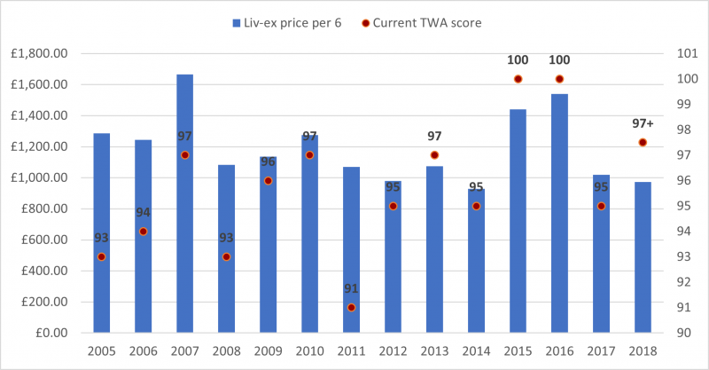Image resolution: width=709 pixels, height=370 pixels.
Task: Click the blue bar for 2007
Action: pyautogui.click(x=184, y=204)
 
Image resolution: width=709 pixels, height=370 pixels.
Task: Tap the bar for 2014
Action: pyautogui.click(x=476, y=266)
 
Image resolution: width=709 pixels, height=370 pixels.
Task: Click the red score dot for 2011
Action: pyautogui.click(x=351, y=308)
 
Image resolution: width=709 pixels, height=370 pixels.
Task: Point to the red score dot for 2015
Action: pyautogui.click(x=518, y=79)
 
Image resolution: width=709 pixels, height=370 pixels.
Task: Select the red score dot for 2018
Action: pyautogui.click(x=643, y=142)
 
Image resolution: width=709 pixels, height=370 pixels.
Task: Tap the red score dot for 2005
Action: pyautogui.click(x=101, y=256)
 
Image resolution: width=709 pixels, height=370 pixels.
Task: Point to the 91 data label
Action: pyautogui.click(x=351, y=288)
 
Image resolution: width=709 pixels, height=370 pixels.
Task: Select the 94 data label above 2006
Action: pyautogui.click(x=143, y=212)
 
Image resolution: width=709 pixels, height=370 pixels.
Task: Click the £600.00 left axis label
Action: pyautogui.click(x=46, y=240)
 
